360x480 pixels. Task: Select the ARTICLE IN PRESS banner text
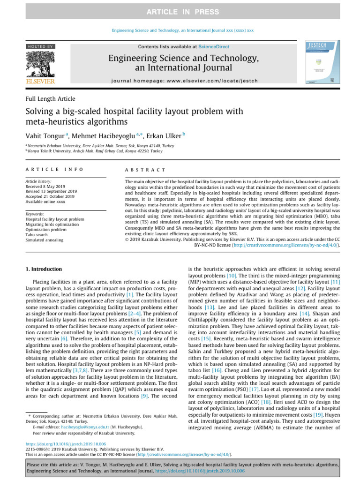180,11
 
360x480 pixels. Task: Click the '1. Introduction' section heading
43,269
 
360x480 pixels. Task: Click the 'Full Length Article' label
50,99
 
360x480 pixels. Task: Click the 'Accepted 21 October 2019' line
50,196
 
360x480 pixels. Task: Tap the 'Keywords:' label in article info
34,214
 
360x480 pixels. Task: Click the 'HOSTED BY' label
40,46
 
